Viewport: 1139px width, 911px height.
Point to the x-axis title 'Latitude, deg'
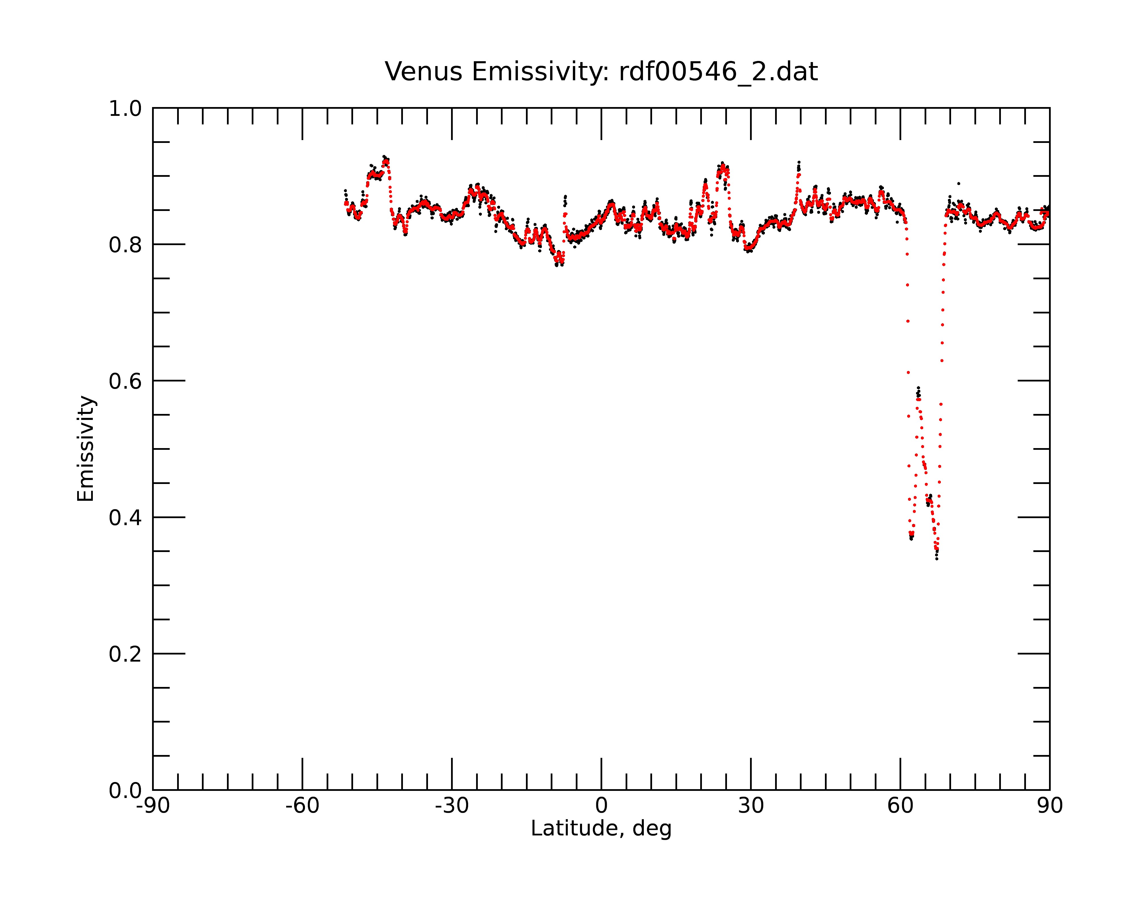(601, 829)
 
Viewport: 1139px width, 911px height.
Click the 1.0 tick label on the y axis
(125, 109)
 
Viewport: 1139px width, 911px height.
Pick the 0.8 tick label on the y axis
(125, 245)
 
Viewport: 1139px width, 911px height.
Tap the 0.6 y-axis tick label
(125, 381)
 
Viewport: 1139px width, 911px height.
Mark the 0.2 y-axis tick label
(125, 654)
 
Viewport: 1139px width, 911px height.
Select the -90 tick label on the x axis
(153, 806)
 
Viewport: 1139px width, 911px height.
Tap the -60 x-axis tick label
(302, 806)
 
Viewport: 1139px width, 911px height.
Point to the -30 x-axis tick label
(452, 806)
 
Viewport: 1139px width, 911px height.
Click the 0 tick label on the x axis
(601, 806)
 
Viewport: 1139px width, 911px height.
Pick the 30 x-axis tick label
(751, 806)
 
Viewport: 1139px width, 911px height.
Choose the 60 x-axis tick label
(900, 806)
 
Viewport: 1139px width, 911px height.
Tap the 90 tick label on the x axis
(1050, 806)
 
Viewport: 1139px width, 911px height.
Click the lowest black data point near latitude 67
(937, 558)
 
